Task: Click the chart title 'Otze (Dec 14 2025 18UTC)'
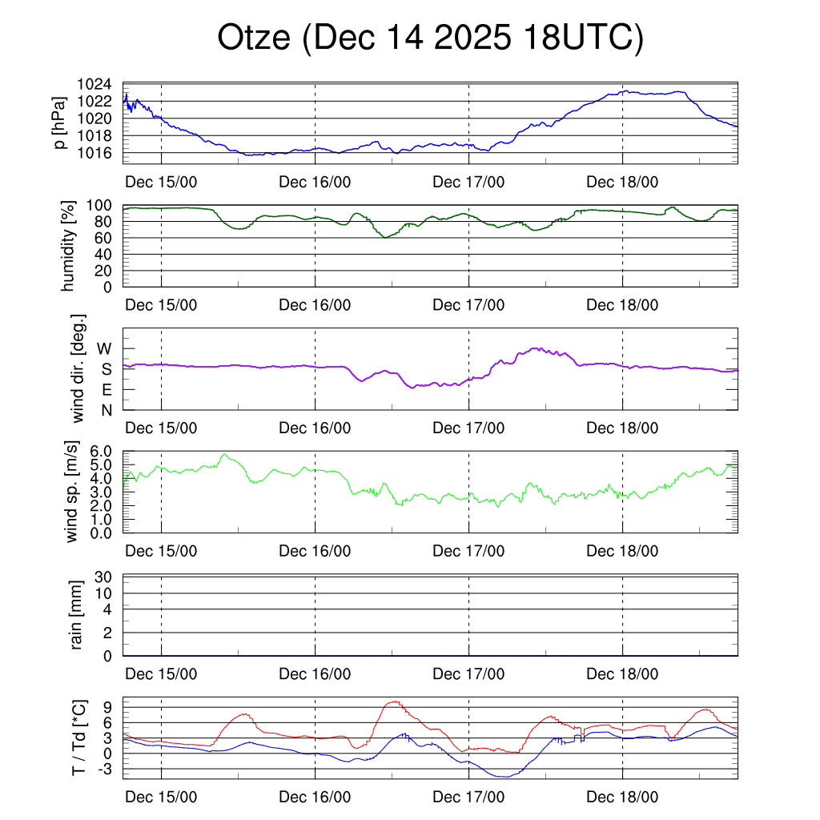point(431,38)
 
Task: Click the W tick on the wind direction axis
point(105,348)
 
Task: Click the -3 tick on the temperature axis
point(108,769)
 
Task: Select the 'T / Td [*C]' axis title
point(78,737)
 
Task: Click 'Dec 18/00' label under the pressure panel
point(622,182)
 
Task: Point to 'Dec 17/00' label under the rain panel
point(468,674)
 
